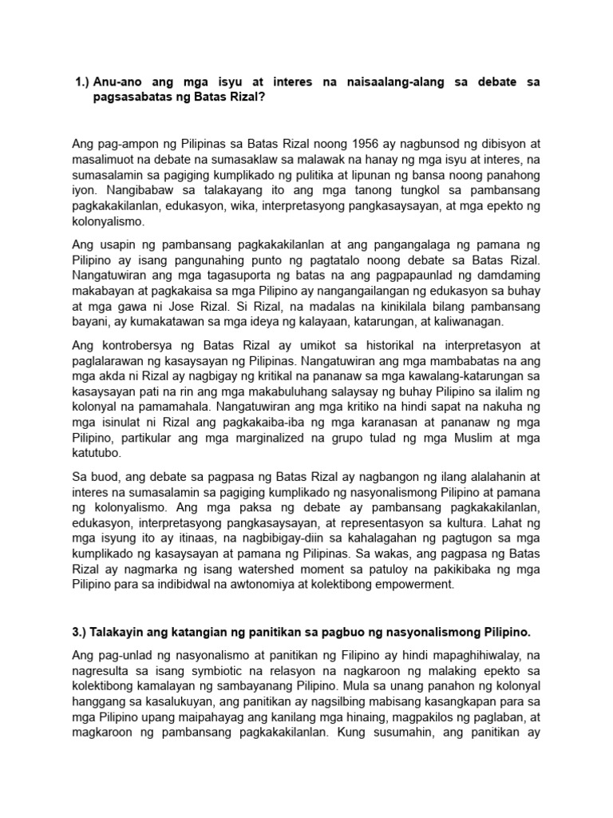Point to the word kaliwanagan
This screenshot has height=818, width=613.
point(463,321)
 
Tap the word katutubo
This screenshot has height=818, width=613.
point(97,452)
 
